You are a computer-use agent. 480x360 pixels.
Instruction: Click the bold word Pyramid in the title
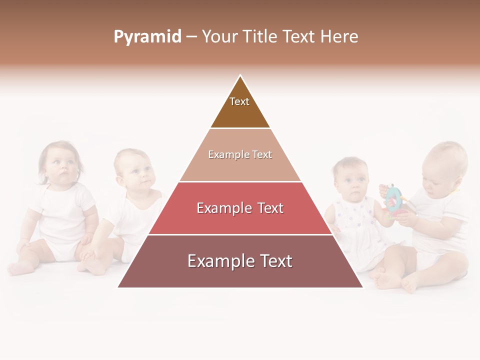[147, 37]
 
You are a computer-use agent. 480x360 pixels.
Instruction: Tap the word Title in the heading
[260, 37]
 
